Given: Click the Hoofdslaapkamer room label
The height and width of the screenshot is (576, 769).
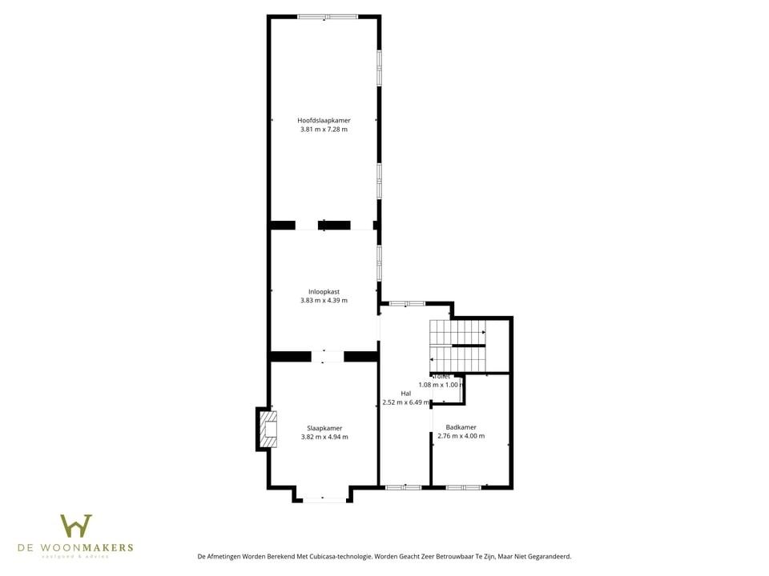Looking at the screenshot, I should point(324,120).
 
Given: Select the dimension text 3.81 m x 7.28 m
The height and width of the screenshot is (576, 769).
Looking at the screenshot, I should point(324,129).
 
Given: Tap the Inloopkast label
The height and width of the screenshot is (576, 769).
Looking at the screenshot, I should point(324,291).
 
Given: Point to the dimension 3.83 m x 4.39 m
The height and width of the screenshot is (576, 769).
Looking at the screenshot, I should point(324,300).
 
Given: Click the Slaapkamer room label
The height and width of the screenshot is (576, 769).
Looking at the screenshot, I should point(324,428).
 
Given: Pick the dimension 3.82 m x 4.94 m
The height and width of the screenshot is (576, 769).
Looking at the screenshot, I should point(324,437).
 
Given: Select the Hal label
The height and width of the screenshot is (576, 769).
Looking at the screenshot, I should point(406,393).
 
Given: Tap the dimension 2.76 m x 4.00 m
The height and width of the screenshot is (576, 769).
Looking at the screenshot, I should point(461,436).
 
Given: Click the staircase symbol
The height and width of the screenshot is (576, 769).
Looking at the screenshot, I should point(457,346).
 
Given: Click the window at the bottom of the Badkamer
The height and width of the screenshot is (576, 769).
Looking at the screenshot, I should point(464,486).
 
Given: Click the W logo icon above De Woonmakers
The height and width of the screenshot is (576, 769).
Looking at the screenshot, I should point(76,526).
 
